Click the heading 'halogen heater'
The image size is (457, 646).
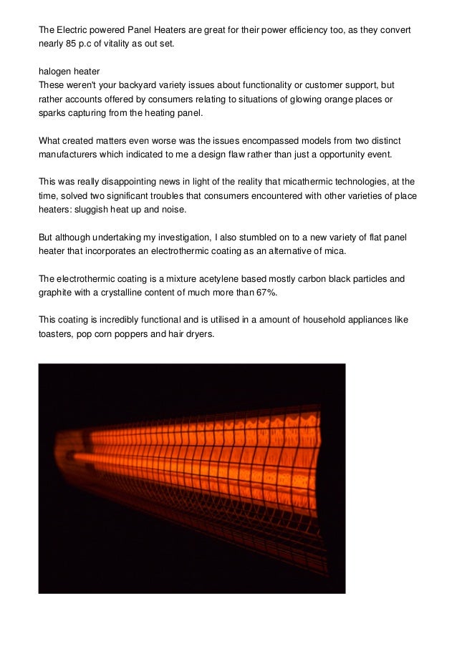(x=69, y=72)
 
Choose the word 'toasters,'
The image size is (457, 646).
(x=57, y=334)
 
